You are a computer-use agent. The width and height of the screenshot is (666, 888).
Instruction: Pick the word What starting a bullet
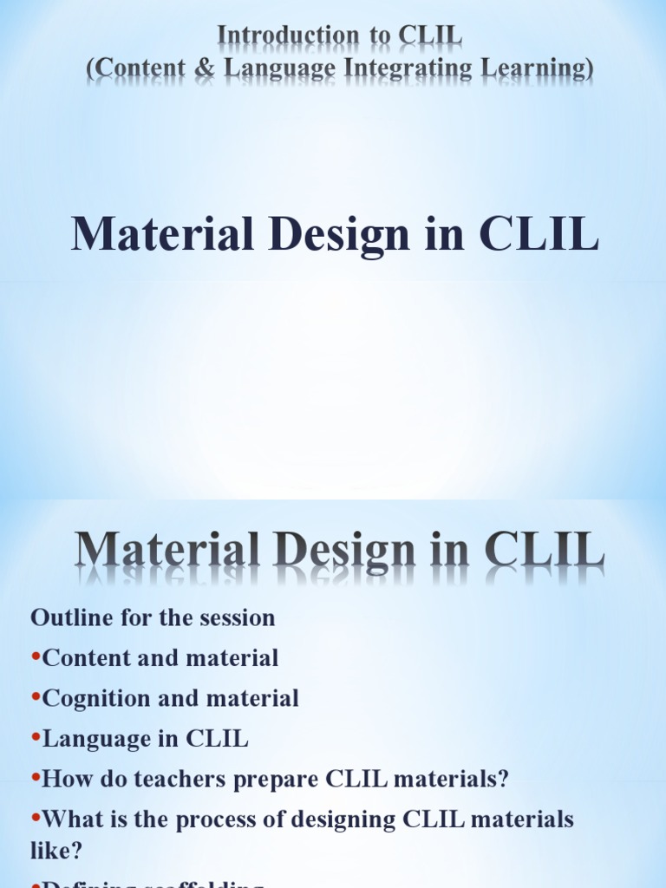69,819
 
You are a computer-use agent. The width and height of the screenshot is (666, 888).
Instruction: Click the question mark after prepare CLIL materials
503,779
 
